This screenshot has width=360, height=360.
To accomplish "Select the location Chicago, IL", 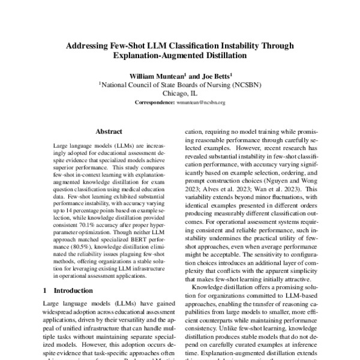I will tap(180, 94).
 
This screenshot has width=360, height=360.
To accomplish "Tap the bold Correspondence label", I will tap(154, 103).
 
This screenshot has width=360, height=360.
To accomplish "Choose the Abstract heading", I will tap(109, 130).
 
